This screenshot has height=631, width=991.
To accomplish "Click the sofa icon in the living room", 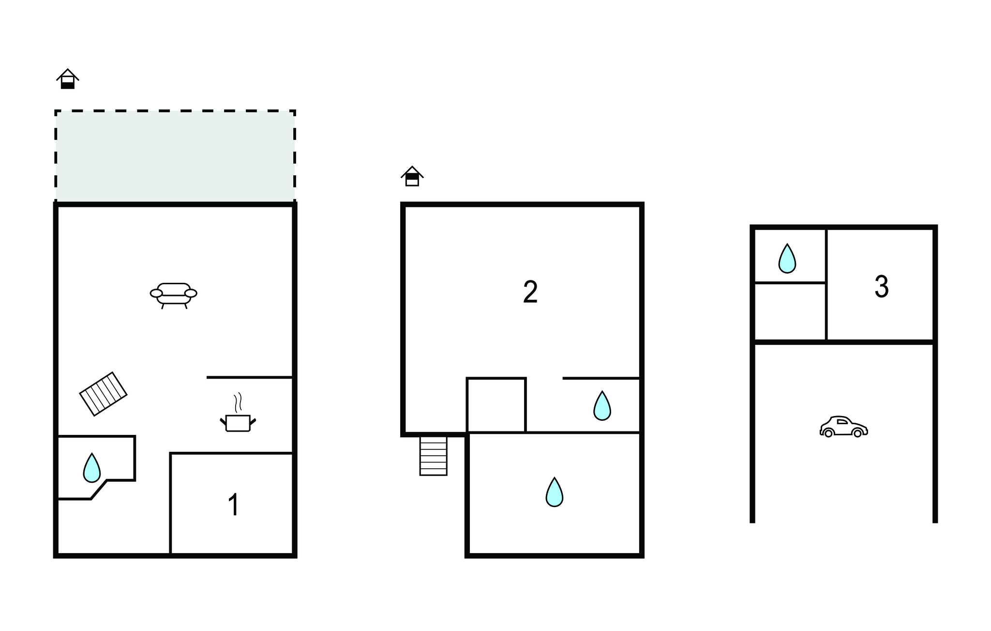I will (174, 294).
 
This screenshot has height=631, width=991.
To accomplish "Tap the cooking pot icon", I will (238, 423).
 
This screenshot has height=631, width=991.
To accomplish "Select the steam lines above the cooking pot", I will (238, 402).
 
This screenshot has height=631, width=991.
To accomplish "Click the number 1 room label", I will (233, 505).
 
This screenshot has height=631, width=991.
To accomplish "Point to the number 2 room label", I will (530, 292).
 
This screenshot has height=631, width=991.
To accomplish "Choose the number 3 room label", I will (881, 287).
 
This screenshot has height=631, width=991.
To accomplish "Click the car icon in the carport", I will (843, 427).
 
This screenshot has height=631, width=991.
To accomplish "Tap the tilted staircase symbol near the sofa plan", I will (103, 394).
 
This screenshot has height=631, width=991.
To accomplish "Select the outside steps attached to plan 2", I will (433, 456).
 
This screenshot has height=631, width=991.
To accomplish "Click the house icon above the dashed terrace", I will (68, 79).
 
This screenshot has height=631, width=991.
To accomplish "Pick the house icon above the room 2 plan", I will (412, 176).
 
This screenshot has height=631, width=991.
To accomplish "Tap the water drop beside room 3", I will (787, 259).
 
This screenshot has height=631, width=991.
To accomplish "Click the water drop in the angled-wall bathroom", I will (91, 468).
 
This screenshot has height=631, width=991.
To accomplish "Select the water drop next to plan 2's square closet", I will (602, 406).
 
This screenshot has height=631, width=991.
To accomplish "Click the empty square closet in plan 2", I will (496, 405).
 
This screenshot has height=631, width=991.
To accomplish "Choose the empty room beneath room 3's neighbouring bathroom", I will (790, 311).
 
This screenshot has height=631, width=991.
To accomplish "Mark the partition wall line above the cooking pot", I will (249, 377).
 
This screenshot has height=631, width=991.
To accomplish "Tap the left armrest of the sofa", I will (156, 293).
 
